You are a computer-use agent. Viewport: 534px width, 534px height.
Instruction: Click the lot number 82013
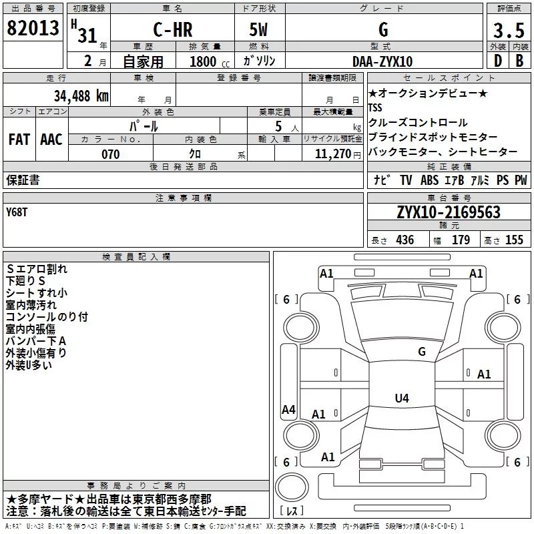click(x=33, y=29)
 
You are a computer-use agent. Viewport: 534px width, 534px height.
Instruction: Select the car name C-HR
click(x=174, y=29)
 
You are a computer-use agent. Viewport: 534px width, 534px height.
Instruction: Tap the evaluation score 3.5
click(x=507, y=30)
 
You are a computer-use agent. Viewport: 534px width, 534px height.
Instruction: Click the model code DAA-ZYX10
click(x=382, y=61)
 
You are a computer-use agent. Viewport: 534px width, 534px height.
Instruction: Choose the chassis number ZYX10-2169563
click(x=449, y=212)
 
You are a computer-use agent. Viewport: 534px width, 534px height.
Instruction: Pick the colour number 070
click(x=110, y=154)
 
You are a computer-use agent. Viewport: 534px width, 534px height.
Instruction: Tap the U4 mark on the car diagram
click(x=401, y=398)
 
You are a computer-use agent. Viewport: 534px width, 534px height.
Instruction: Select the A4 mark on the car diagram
click(x=288, y=410)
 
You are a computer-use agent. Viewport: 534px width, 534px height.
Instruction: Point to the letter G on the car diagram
click(x=421, y=351)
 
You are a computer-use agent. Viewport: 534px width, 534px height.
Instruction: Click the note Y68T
click(x=17, y=212)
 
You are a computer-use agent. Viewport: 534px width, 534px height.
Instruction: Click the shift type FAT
click(x=19, y=140)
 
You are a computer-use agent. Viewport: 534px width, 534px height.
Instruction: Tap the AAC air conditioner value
click(x=51, y=140)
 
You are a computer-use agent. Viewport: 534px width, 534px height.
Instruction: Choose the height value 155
click(x=514, y=240)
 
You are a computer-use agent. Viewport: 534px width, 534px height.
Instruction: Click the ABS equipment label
click(x=429, y=180)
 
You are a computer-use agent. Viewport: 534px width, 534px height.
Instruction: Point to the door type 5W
click(x=260, y=29)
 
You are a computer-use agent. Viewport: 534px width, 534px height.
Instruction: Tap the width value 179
click(x=461, y=240)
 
